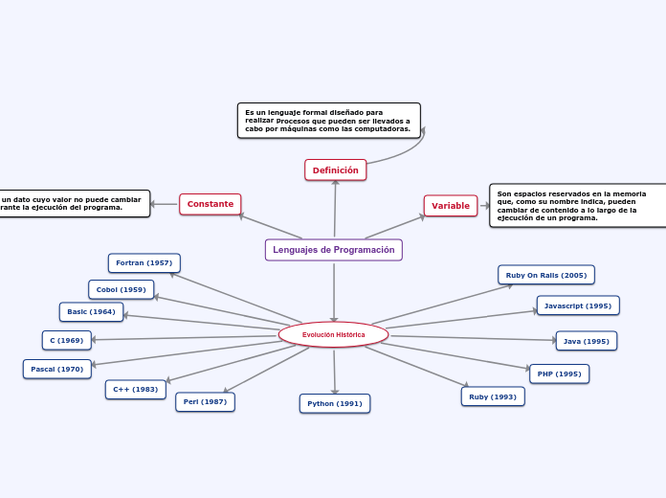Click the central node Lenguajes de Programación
click(x=333, y=250)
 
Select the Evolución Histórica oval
click(x=333, y=334)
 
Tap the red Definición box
click(x=335, y=170)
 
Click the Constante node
click(x=210, y=204)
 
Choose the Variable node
click(x=450, y=206)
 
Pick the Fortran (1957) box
click(x=144, y=262)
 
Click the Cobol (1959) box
click(x=121, y=289)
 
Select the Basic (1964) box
click(x=91, y=311)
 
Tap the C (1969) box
click(x=66, y=340)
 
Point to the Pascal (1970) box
click(x=56, y=369)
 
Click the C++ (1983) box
click(x=135, y=389)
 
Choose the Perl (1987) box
click(x=205, y=402)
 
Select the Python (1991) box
click(x=334, y=403)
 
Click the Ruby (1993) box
click(x=492, y=396)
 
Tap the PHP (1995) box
click(x=559, y=373)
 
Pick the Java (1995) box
click(x=586, y=341)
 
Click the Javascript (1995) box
click(x=577, y=306)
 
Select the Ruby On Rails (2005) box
click(x=545, y=275)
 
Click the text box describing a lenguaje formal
click(x=328, y=121)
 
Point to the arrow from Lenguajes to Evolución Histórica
click(x=334, y=292)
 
